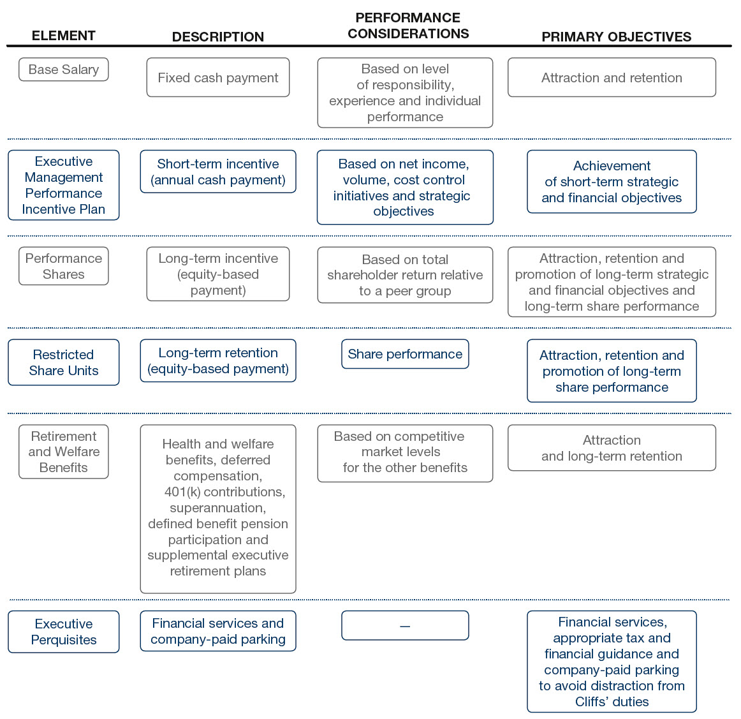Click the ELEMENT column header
pyautogui.click(x=63, y=36)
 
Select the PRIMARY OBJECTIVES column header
pyautogui.click(x=616, y=36)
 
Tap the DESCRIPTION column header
pyautogui.click(x=218, y=36)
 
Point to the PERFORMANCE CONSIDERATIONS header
pyautogui.click(x=408, y=26)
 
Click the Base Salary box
pyautogui.click(x=63, y=70)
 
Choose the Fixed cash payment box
pyautogui.click(x=218, y=78)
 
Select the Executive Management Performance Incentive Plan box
pyautogui.click(x=63, y=185)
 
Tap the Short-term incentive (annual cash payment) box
pyautogui.click(x=218, y=172)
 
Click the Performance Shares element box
pyautogui.click(x=63, y=266)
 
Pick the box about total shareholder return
pyautogui.click(x=405, y=275)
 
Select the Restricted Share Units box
pyautogui.click(x=63, y=362)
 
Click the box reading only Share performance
pyautogui.click(x=405, y=354)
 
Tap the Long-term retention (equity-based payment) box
pyautogui.click(x=218, y=360)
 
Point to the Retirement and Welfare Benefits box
pyautogui.click(x=63, y=452)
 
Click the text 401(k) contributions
pyautogui.click(x=225, y=492)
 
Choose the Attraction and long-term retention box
pyautogui.click(x=612, y=448)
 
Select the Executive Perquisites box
pyautogui.click(x=63, y=632)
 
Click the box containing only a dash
pyautogui.click(x=405, y=626)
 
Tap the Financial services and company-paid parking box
pyautogui.click(x=218, y=631)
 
